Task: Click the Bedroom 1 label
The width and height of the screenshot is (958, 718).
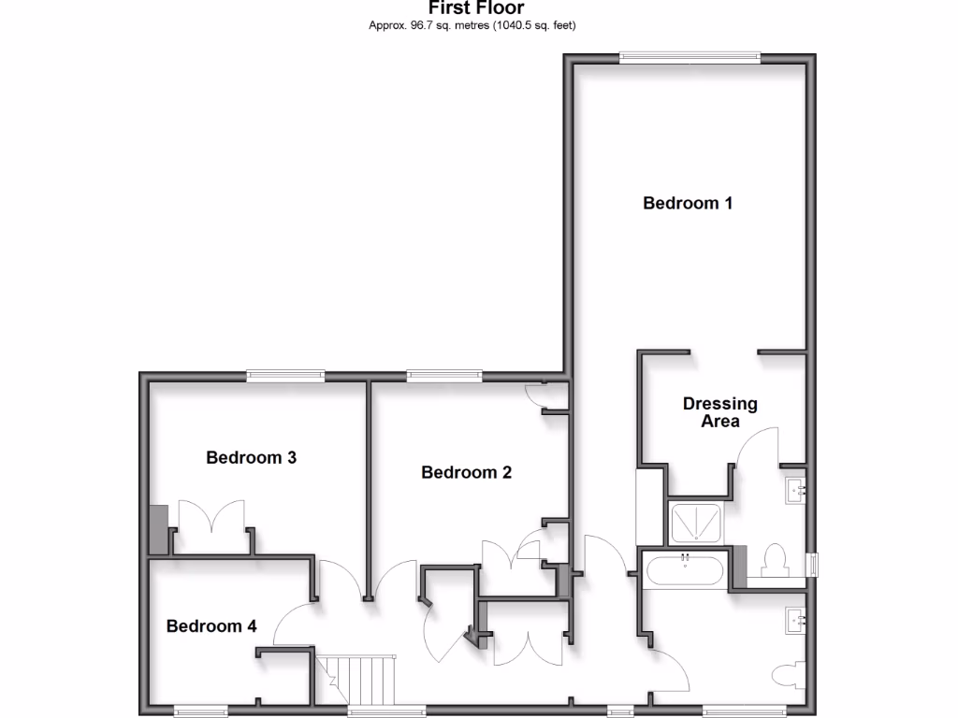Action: [688, 203]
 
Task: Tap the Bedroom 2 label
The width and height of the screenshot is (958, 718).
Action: [466, 472]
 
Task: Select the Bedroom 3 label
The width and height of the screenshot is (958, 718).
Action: [252, 457]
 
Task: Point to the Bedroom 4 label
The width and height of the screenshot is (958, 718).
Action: [211, 625]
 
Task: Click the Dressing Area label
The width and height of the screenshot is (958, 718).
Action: [719, 412]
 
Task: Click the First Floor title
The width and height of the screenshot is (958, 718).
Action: [476, 8]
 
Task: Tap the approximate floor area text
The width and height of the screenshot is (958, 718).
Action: [472, 25]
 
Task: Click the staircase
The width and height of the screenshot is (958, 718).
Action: [360, 677]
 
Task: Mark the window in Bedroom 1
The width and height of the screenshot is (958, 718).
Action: [689, 57]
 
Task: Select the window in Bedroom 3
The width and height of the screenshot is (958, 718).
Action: [285, 376]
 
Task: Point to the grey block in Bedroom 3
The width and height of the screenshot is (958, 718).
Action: [158, 530]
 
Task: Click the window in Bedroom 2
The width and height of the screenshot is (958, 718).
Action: [444, 376]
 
